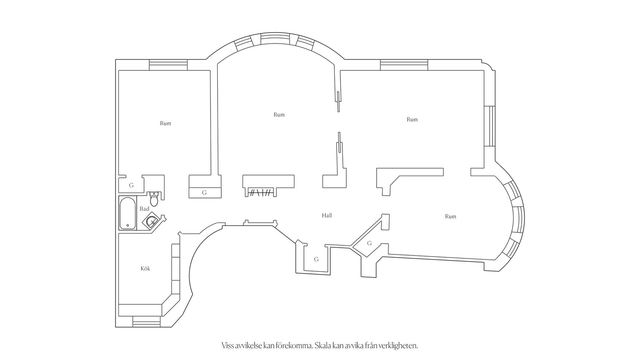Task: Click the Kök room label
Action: click(x=145, y=268)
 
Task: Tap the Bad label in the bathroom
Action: click(x=144, y=209)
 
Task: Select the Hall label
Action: click(x=327, y=215)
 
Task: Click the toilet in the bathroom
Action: click(x=154, y=199)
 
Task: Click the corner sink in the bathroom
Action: click(x=152, y=220)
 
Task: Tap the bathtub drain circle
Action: click(x=128, y=226)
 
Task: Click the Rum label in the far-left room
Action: click(x=165, y=123)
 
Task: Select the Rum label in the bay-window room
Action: click(x=279, y=115)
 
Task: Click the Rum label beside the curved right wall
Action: click(x=450, y=217)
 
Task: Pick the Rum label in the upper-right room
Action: click(x=412, y=119)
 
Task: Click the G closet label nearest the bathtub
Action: click(x=131, y=185)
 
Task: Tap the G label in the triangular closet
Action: click(x=369, y=243)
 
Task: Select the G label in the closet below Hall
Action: click(x=316, y=259)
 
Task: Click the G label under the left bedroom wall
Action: click(x=204, y=193)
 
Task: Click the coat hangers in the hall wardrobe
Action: click(x=261, y=192)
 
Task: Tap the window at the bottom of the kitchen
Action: click(x=146, y=322)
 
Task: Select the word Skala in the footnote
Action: click(x=324, y=345)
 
